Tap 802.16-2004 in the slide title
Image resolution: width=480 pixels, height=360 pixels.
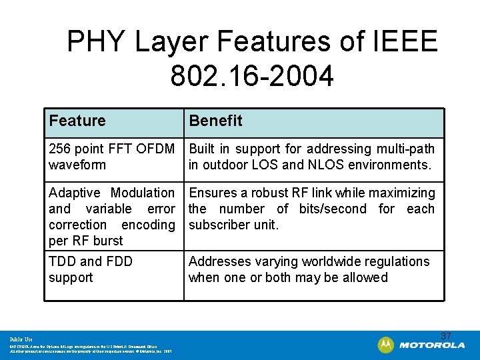252,76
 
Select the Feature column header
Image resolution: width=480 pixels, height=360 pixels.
77,121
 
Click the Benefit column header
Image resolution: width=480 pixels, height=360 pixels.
216,121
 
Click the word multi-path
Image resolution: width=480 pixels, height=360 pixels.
404,149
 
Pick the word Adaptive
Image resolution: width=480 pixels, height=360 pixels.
75,193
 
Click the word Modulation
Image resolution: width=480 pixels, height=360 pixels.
142,193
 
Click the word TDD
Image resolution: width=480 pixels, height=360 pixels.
62,261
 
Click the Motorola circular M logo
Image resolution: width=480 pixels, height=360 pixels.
385,345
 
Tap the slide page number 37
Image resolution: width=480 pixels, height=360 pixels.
446,335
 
